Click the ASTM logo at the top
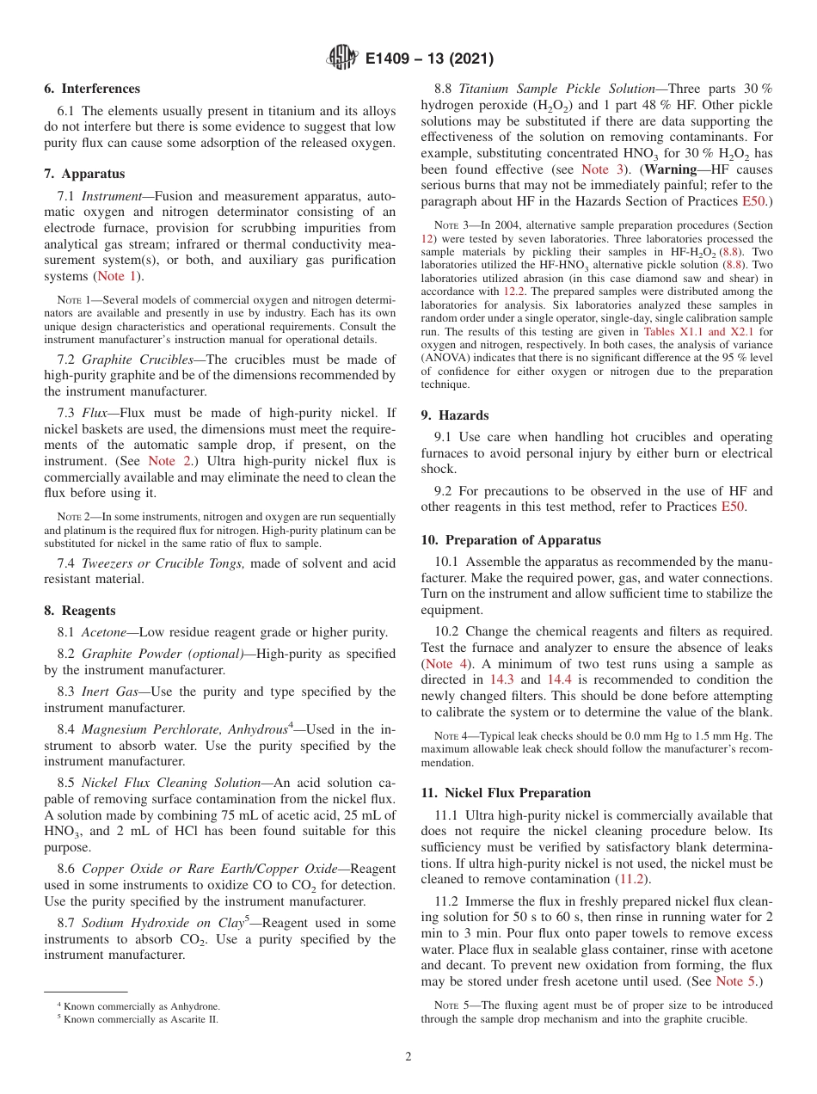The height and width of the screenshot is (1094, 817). (x=342, y=58)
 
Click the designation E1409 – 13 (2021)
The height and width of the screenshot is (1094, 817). (x=428, y=59)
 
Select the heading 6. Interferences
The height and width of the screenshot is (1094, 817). (x=92, y=89)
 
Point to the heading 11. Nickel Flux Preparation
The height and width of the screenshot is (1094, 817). (x=506, y=792)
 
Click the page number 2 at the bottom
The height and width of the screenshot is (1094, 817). (x=408, y=1056)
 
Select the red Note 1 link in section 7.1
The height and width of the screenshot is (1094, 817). (x=117, y=276)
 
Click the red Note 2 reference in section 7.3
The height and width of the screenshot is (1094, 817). (x=172, y=462)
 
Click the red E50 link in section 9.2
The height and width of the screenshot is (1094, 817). (x=733, y=507)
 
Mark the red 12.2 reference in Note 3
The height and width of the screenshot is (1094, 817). (x=513, y=291)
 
